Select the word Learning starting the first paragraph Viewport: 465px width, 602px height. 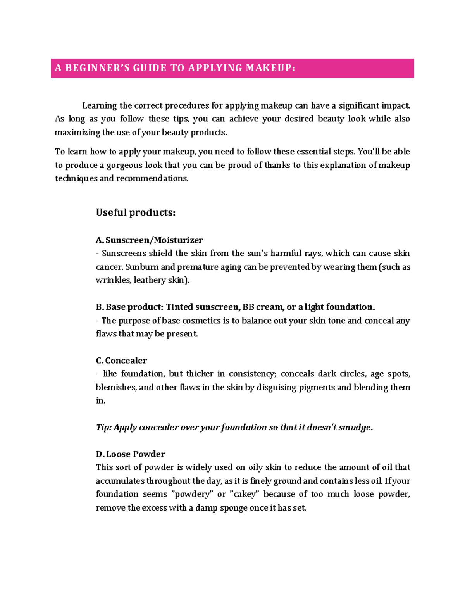tap(99, 105)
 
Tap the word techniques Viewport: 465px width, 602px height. tap(76, 178)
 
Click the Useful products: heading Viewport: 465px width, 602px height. tap(136, 212)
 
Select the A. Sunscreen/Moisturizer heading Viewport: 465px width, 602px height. tap(149, 240)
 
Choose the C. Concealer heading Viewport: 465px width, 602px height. tap(121, 361)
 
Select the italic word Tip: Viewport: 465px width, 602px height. tap(103, 427)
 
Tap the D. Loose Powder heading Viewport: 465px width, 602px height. tap(130, 454)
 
